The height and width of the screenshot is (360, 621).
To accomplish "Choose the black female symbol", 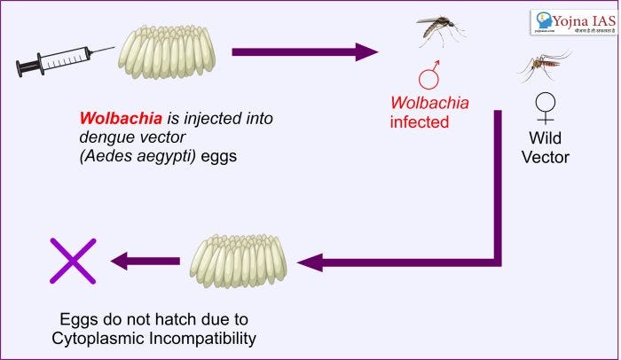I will tap(545, 107).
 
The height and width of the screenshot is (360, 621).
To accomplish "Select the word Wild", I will tap(545, 139).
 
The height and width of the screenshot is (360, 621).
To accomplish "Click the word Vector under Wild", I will tap(545, 158).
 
